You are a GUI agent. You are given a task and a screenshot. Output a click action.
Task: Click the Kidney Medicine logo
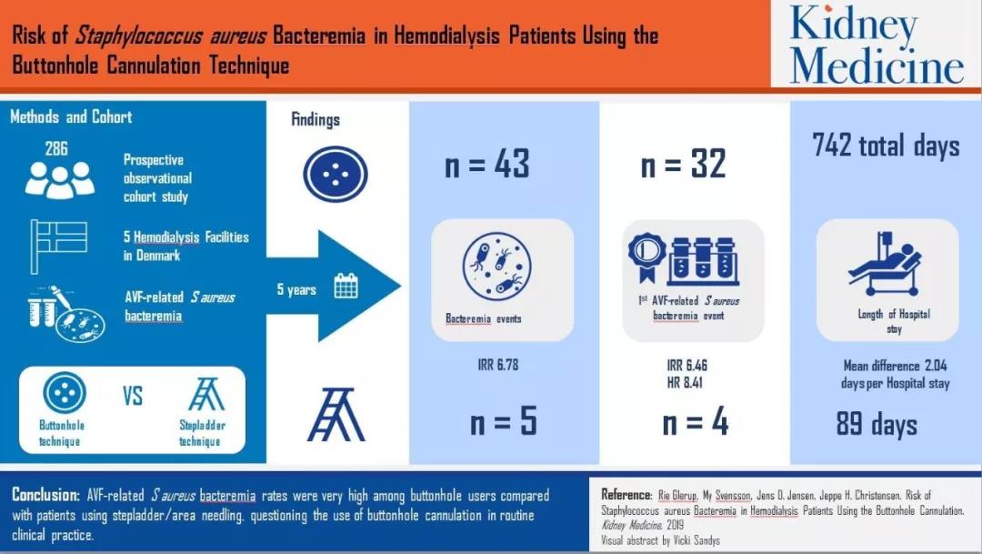click(x=877, y=44)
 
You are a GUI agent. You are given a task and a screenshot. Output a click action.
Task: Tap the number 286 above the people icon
click(x=56, y=148)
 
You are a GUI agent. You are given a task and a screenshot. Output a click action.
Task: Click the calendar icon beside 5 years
click(x=346, y=286)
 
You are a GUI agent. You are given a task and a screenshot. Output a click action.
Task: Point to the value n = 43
click(x=487, y=164)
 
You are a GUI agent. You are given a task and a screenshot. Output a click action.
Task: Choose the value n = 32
click(x=683, y=164)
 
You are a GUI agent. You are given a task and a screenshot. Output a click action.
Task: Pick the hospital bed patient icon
click(x=885, y=264)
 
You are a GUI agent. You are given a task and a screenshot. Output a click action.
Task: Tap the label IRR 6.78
click(x=498, y=365)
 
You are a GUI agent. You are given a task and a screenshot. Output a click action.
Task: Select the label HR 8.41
click(x=685, y=382)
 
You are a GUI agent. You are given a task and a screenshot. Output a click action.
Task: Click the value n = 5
click(x=504, y=421)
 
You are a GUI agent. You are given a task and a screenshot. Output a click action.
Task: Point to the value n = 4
click(x=696, y=421)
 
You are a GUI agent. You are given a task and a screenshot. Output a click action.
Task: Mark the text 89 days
click(x=877, y=423)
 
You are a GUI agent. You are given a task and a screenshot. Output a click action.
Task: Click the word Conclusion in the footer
click(x=45, y=495)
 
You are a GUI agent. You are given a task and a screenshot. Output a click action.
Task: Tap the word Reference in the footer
click(x=626, y=495)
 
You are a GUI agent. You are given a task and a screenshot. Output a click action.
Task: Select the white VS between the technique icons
click(x=133, y=396)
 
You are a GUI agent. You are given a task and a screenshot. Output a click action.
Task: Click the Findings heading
click(x=316, y=119)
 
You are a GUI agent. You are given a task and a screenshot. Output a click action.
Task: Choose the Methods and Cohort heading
click(x=71, y=116)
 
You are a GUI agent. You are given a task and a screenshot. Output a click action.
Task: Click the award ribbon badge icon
click(x=646, y=257)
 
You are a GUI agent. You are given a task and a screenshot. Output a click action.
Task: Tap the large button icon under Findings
click(x=335, y=175)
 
